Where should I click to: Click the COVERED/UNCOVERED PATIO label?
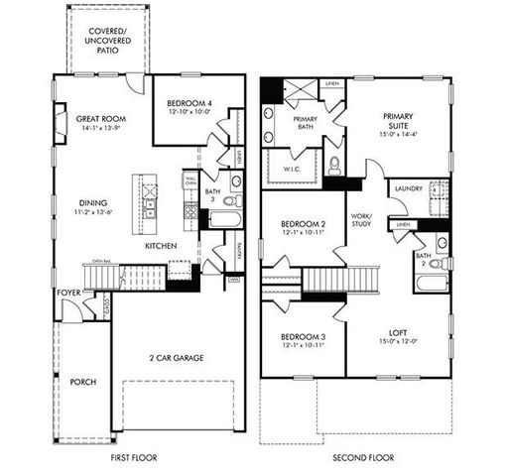104,40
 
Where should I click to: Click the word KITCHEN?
161,245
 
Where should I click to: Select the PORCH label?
83,382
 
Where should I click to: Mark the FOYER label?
67,292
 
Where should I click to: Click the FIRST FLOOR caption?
137,458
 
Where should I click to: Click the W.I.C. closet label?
293,169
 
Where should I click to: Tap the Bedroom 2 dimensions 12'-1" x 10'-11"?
300,233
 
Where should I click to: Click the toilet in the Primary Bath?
334,165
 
